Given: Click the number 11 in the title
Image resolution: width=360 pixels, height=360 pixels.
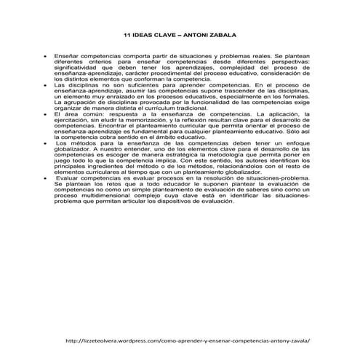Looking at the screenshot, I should coord(128,35).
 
